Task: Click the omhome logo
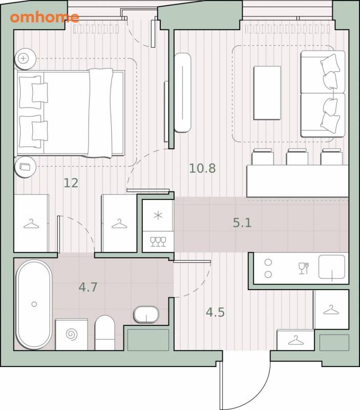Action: coord(45,17)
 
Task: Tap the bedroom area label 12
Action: coord(71,183)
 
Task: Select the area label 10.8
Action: coord(202,168)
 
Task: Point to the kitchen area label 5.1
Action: coord(242,222)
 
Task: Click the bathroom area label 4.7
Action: coord(88,287)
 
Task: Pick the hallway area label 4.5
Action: coord(215,312)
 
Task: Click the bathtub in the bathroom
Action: coord(34,304)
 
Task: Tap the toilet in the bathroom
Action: coord(104,333)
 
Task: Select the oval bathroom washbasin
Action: coord(146,315)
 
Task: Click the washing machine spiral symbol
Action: coord(72,335)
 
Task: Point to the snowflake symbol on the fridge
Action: coord(158,216)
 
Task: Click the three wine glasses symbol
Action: coord(158,241)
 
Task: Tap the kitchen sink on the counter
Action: coord(332,266)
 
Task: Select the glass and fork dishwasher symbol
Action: coord(304,268)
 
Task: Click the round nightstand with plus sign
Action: coord(25,58)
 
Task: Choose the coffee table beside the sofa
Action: coord(267,93)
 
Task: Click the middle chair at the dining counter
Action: coord(297,157)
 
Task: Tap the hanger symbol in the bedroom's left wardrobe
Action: coord(31,224)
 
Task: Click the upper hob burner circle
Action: coord(268,262)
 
